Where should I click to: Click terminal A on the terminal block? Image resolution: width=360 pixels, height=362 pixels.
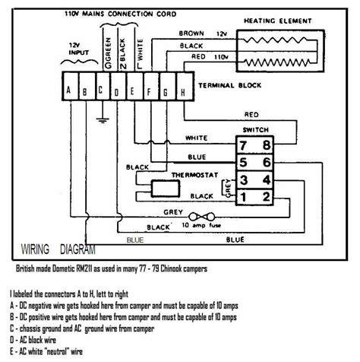coord(70,93)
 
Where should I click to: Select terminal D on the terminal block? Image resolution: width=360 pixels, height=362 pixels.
coord(115,93)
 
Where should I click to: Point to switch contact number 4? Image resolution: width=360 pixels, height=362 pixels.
coord(265,179)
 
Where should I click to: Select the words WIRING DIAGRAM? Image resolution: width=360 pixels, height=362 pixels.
coord(58,247)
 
